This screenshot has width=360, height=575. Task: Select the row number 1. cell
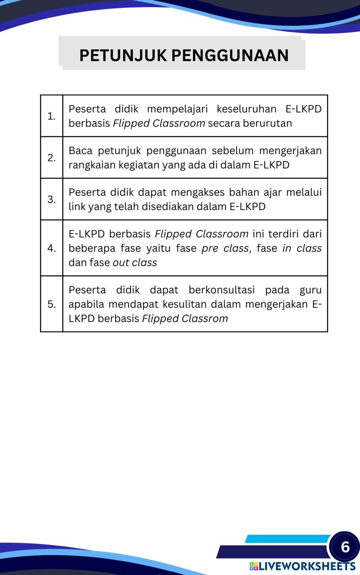(x=51, y=116)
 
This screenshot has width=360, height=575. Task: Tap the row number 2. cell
(x=51, y=158)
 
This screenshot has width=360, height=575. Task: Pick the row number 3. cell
(x=51, y=199)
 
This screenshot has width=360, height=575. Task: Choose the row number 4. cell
(x=51, y=248)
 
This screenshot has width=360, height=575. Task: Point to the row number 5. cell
(x=51, y=304)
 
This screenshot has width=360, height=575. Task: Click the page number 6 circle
(x=345, y=547)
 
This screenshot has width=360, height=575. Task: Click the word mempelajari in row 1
(x=177, y=109)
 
